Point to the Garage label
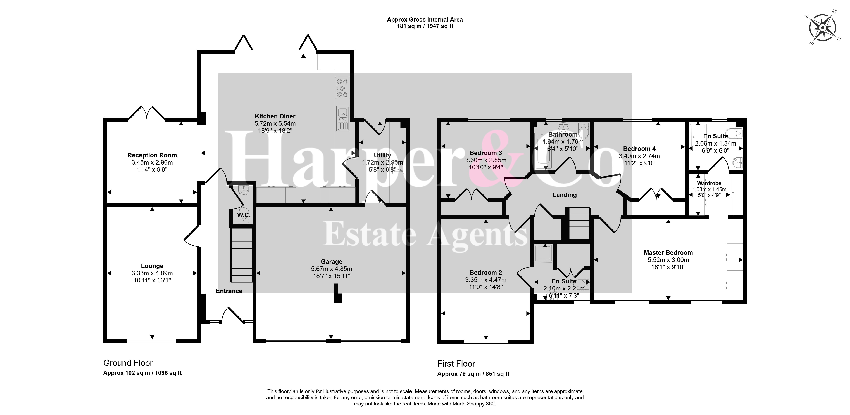click(331, 262)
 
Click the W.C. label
click(244, 215)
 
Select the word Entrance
click(229, 291)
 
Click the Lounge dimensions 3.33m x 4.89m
click(152, 273)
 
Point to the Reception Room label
click(152, 155)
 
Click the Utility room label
click(382, 155)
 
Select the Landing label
click(565, 195)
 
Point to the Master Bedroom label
click(668, 253)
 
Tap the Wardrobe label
click(709, 183)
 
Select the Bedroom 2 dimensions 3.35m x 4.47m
click(486, 280)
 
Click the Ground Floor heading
click(128, 363)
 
